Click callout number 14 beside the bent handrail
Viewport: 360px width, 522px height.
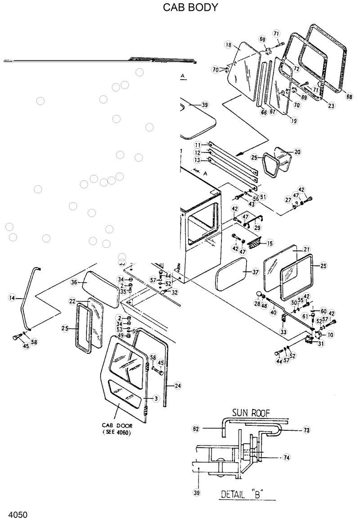point(12,298)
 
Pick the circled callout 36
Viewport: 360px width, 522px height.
point(75,282)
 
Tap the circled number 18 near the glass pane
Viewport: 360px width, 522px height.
point(228,45)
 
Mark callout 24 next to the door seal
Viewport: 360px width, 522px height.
point(178,385)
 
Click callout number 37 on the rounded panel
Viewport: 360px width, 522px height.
point(255,272)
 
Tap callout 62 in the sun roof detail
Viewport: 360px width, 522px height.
point(196,429)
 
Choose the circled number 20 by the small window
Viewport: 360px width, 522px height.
point(297,152)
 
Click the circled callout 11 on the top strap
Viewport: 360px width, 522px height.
point(198,145)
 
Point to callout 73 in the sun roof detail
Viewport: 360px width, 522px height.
point(306,430)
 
